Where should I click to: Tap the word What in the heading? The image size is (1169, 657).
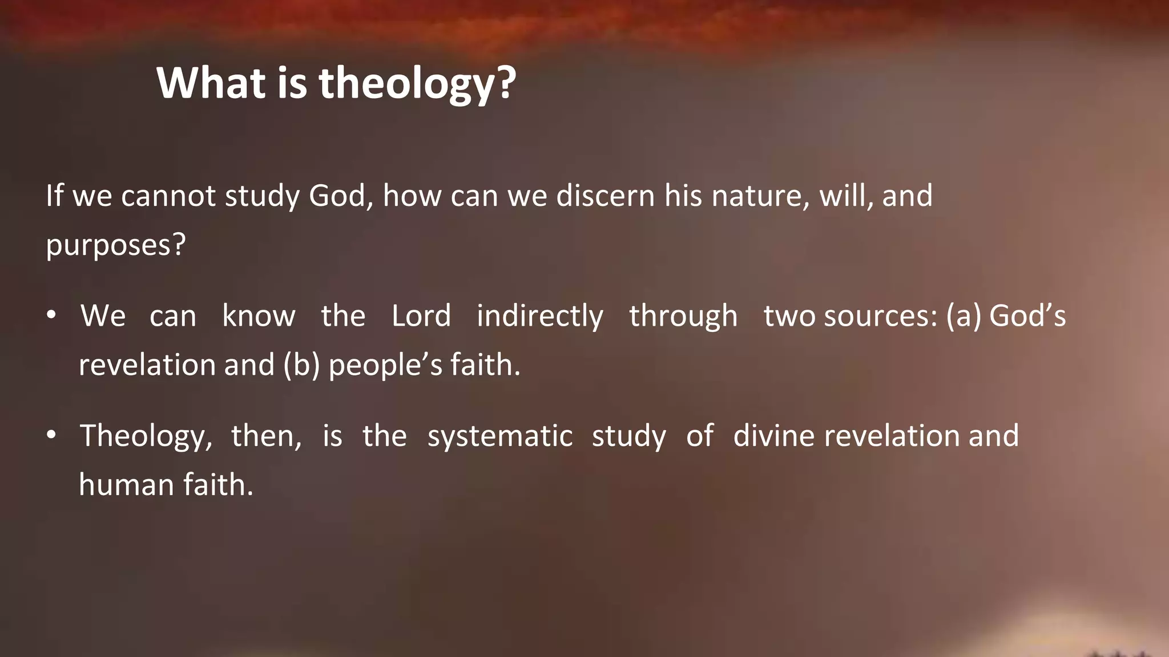211,83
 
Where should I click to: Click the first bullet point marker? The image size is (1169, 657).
51,315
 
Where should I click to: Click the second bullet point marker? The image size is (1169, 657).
51,435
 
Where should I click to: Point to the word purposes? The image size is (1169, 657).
116,245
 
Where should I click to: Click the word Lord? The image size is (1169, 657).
421,315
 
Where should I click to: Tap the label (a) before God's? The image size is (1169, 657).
964,316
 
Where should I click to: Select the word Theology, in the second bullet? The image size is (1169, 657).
146,436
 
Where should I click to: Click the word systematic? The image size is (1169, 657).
499,436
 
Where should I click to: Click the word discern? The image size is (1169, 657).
605,196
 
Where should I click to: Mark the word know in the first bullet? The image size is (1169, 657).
259,315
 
